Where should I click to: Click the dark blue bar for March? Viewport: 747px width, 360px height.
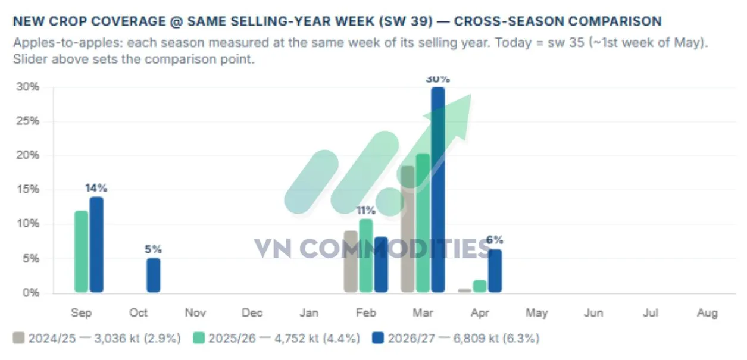tap(438, 190)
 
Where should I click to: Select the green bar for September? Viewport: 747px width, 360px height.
tap(82, 251)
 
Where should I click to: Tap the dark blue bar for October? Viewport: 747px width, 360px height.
tap(154, 275)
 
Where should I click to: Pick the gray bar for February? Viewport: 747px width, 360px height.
tap(351, 261)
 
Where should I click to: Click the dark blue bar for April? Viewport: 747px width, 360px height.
tap(495, 271)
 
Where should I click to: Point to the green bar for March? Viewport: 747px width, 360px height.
tap(423, 223)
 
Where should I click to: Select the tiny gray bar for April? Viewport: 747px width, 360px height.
tap(464, 290)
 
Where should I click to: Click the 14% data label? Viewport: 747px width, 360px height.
tap(96, 189)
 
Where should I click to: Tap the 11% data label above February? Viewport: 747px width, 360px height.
tap(366, 210)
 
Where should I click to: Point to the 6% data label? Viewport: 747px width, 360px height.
tap(495, 240)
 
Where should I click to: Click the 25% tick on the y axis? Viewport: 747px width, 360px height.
tap(28, 121)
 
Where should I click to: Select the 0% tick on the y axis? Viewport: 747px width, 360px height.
tap(31, 293)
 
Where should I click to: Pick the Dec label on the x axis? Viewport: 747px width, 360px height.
tap(252, 312)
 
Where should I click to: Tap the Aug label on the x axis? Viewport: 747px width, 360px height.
tap(707, 312)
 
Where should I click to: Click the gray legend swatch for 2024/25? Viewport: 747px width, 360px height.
tap(18, 337)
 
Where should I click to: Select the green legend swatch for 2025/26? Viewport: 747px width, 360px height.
tap(199, 337)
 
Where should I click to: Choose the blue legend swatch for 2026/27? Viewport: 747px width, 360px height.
tap(378, 337)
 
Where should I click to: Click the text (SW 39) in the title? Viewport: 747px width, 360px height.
tap(405, 21)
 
